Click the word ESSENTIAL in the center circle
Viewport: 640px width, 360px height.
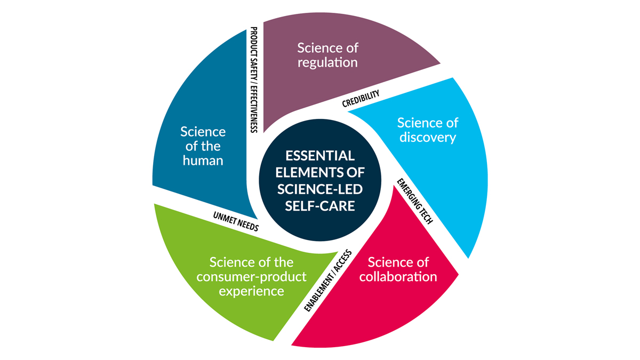tap(320, 156)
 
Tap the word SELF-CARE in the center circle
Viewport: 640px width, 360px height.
tap(320, 206)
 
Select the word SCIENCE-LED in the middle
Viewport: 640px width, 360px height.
tap(320, 189)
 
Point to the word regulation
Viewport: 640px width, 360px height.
tap(327, 62)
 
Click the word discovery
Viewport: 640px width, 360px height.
tap(428, 138)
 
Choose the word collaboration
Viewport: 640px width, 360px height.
tap(398, 277)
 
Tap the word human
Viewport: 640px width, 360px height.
tap(203, 160)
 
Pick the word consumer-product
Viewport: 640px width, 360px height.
tap(252, 277)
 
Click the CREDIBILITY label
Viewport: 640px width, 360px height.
tap(361, 98)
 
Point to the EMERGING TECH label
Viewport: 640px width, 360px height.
tap(415, 200)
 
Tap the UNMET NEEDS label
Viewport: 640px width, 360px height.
tap(235, 220)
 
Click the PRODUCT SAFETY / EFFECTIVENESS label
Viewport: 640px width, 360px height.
tap(254, 80)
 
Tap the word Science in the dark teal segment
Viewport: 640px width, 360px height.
tap(203, 132)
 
